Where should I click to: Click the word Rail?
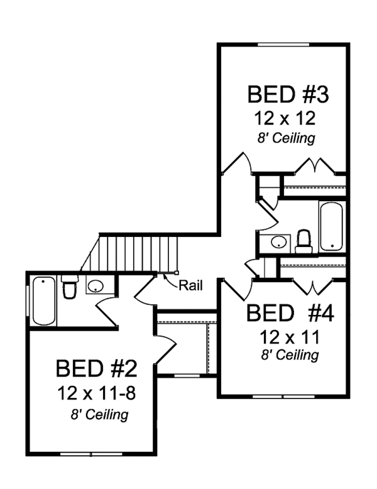190,285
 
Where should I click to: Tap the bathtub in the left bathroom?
43,300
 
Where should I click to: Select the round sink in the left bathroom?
96,287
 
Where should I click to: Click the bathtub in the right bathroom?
331,227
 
